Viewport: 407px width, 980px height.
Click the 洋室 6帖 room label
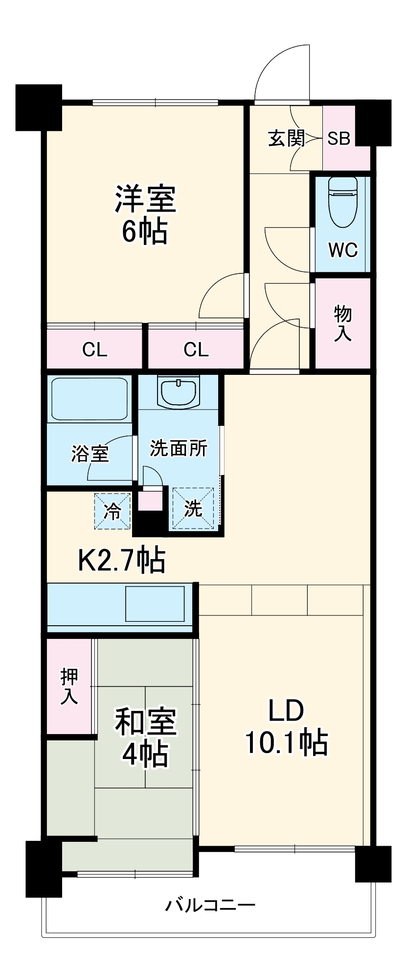pyautogui.click(x=145, y=214)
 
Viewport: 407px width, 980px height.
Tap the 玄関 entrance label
pyautogui.click(x=286, y=138)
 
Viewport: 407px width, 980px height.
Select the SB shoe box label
pyautogui.click(x=339, y=138)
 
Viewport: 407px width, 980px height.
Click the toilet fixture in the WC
pyautogui.click(x=343, y=201)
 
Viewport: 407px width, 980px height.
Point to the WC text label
pyautogui.click(x=343, y=250)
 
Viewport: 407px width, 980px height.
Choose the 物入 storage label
pyautogui.click(x=342, y=323)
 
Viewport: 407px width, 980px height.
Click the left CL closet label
pyautogui.click(x=94, y=350)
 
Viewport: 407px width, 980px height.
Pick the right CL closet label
pyautogui.click(x=196, y=350)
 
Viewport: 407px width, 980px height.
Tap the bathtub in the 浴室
pyautogui.click(x=89, y=398)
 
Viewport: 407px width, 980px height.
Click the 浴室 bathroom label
pyautogui.click(x=90, y=454)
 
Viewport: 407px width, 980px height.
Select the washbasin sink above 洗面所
pyautogui.click(x=179, y=392)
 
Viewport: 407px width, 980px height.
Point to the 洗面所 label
pyautogui.click(x=179, y=448)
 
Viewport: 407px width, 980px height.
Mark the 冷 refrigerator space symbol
pyautogui.click(x=113, y=511)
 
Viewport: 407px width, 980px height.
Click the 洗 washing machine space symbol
pyautogui.click(x=193, y=509)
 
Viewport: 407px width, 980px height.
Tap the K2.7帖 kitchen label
pyautogui.click(x=122, y=560)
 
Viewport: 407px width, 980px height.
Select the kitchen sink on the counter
pyautogui.click(x=155, y=604)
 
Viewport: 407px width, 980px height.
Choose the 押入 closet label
pyautogui.click(x=69, y=686)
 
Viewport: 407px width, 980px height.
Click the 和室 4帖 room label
pyautogui.click(x=145, y=737)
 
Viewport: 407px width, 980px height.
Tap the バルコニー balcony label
pyautogui.click(x=210, y=904)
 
